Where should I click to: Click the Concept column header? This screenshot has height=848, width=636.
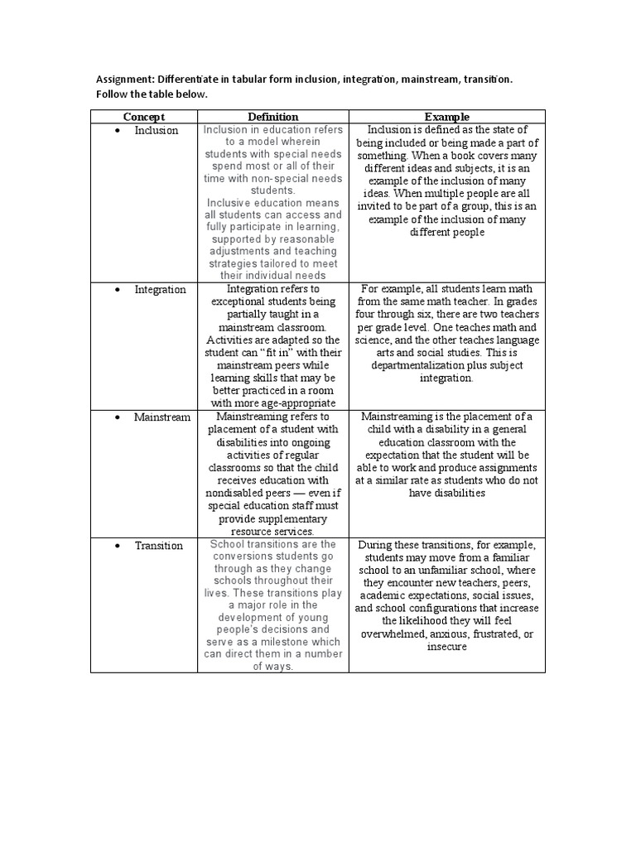[x=144, y=117]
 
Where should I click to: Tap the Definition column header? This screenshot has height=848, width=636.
[x=272, y=117]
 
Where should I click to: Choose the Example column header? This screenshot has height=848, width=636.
[x=447, y=117]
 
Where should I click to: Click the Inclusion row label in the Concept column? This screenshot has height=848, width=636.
[x=156, y=131]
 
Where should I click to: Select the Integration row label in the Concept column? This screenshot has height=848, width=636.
[x=160, y=290]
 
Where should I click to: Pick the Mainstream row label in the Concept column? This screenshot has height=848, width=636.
[x=161, y=417]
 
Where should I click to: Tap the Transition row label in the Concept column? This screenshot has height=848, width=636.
[x=159, y=546]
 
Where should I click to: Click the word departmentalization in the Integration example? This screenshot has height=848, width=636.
[x=406, y=366]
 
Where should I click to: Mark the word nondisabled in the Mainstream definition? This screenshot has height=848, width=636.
[x=239, y=494]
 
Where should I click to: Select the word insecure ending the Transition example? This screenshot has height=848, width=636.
[x=447, y=646]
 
